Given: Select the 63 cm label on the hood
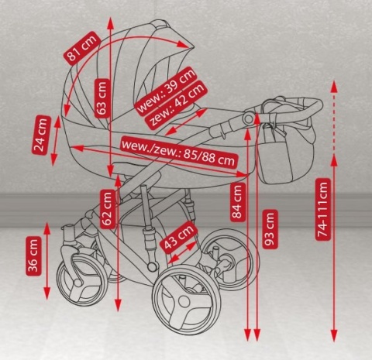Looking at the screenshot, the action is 102,98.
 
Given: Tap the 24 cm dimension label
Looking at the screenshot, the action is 41,135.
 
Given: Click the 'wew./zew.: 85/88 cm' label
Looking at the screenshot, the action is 178,153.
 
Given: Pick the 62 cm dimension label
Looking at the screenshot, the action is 107,209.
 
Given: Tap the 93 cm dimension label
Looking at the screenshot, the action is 270,229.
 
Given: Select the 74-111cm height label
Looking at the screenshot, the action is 323,209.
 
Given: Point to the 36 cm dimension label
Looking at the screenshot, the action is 33,255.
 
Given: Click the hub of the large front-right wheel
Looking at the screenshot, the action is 184,301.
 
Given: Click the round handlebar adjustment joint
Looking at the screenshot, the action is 248,118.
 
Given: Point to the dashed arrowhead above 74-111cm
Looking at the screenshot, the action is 334,87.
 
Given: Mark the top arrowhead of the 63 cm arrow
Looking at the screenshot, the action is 111,23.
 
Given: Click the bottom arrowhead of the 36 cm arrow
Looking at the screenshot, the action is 46,293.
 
